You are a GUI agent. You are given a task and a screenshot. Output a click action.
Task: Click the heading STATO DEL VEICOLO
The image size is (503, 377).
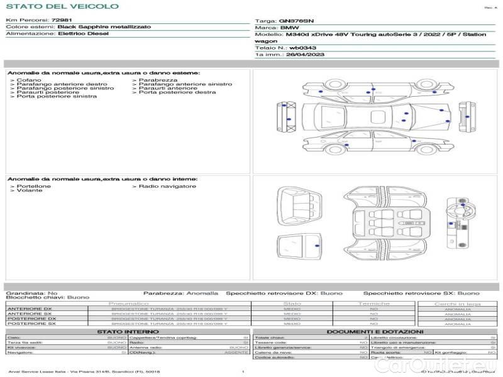[62, 6]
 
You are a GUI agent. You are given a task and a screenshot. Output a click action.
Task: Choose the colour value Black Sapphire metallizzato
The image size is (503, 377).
[101, 28]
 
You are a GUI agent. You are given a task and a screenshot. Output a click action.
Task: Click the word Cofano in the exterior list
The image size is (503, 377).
[29, 80]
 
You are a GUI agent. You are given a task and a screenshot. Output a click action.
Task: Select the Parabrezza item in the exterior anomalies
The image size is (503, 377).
[158, 80]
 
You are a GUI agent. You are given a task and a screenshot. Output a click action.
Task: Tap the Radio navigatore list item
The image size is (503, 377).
[167, 186]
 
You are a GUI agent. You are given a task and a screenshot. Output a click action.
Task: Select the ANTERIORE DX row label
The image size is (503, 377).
[29, 309]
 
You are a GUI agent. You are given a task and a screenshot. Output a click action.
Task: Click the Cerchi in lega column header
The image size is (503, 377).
[457, 303]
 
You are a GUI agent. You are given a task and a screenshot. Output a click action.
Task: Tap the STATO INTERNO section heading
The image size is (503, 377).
[123, 331]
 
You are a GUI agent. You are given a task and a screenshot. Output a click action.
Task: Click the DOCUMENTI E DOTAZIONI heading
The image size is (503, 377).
[375, 331]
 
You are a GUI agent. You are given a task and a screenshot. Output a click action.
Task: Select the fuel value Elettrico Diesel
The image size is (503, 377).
[83, 33]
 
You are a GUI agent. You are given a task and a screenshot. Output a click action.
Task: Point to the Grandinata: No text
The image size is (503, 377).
[31, 293]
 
